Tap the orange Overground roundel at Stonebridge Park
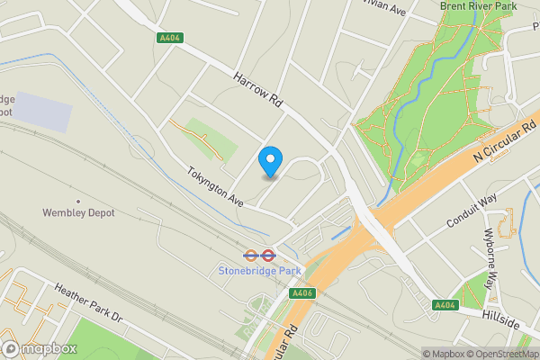point(253,255)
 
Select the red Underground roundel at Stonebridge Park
point(268,255)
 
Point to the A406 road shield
point(301,294)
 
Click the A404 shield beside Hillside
point(444,306)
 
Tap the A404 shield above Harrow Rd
point(168,38)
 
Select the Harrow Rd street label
point(259,93)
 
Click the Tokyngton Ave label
point(216,184)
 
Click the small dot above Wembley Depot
point(78,201)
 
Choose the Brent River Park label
point(478,6)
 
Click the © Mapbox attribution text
point(445,354)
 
